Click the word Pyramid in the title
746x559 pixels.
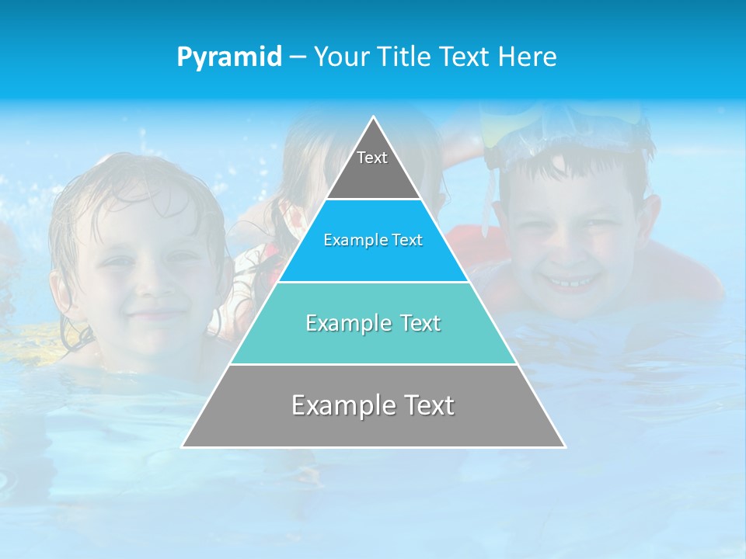228,57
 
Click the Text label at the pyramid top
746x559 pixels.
372,158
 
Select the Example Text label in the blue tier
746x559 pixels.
373,241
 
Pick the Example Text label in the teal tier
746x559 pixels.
373,323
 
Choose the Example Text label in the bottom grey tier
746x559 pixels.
373,405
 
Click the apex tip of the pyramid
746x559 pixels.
374,117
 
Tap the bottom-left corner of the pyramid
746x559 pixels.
183,446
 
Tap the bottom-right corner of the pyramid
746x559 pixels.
564,446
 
